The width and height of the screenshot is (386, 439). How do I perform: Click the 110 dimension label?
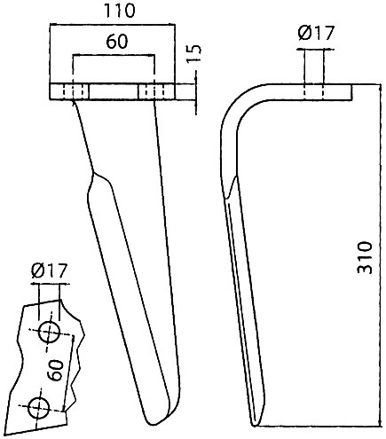click(x=120, y=11)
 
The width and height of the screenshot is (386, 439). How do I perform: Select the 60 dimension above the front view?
click(x=117, y=42)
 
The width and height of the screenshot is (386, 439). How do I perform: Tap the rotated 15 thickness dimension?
click(x=194, y=53)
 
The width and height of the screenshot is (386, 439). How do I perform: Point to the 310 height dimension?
click(x=365, y=258)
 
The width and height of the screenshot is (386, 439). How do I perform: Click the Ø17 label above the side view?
click(x=316, y=33)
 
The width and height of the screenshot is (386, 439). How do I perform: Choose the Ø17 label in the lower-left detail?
click(x=50, y=270)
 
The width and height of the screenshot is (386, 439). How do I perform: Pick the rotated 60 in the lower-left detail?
click(x=56, y=370)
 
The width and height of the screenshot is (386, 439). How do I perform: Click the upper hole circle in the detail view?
click(x=49, y=332)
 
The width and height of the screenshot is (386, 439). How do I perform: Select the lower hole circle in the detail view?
click(x=38, y=408)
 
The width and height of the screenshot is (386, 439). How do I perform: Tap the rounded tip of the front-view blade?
click(x=154, y=424)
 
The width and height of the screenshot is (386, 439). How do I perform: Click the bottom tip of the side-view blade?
click(x=255, y=425)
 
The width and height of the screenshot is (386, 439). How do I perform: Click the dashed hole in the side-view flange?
click(x=313, y=92)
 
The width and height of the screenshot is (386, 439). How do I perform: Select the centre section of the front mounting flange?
click(x=114, y=92)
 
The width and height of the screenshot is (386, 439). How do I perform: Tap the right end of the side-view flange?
click(x=352, y=92)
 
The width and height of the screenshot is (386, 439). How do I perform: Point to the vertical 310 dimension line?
click(x=380, y=255)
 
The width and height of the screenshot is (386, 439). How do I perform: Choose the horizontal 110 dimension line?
click(x=113, y=23)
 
